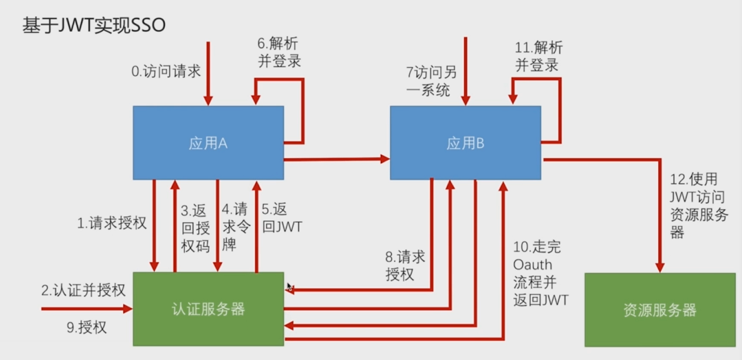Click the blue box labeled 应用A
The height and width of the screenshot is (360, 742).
(208, 143)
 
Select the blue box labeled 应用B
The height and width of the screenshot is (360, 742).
(465, 143)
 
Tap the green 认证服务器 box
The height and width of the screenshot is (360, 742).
(209, 309)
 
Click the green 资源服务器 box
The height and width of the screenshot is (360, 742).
(659, 310)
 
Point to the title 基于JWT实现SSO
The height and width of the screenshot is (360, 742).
(94, 25)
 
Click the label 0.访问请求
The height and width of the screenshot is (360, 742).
(166, 71)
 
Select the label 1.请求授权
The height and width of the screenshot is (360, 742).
(112, 223)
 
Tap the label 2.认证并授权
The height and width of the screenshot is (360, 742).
(83, 291)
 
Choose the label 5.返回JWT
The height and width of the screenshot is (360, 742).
(282, 218)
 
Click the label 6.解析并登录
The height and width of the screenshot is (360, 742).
(280, 52)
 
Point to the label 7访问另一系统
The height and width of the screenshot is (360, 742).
(431, 82)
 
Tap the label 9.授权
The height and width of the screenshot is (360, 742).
(86, 328)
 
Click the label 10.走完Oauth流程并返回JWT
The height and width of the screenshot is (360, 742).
(540, 273)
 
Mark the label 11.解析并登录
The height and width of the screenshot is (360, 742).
(539, 57)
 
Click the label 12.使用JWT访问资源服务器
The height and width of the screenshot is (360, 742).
(698, 205)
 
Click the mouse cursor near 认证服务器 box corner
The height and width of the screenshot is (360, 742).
(289, 286)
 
